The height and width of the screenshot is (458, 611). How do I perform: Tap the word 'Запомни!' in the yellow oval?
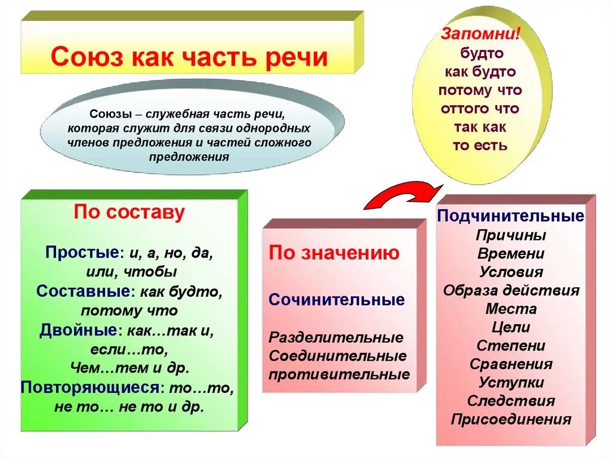(480, 33)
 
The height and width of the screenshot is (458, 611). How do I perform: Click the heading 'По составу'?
(129, 213)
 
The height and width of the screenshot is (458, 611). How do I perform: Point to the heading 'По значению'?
(334, 253)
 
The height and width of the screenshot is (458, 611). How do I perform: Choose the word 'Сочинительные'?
(337, 299)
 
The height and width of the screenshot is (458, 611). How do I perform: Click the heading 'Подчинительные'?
(511, 216)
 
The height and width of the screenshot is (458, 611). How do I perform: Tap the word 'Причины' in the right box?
(511, 235)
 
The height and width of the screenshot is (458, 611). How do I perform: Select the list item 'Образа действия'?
(511, 290)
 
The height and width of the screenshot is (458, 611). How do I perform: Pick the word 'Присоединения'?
(511, 419)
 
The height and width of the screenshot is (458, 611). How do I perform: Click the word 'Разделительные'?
(336, 337)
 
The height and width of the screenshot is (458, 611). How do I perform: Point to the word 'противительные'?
(339, 375)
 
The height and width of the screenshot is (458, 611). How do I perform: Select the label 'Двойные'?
(77, 330)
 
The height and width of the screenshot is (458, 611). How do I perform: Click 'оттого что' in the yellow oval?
(480, 109)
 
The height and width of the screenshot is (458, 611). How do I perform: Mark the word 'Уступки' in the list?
(511, 382)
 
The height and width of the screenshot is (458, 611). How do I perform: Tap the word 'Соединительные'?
(338, 356)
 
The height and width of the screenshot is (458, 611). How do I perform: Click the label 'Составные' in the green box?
(83, 291)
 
